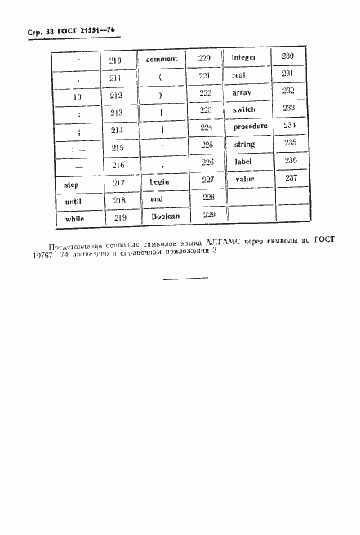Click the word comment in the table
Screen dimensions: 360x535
(161, 59)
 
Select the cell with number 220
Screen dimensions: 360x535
(204, 58)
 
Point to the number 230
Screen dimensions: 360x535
(287, 56)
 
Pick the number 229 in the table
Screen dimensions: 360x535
(208, 215)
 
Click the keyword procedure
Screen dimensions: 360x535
(250, 127)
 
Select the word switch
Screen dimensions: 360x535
(244, 109)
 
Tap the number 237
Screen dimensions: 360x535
(291, 178)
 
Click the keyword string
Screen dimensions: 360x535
(245, 145)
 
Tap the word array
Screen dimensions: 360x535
(242, 92)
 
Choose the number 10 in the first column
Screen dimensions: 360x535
(78, 96)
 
